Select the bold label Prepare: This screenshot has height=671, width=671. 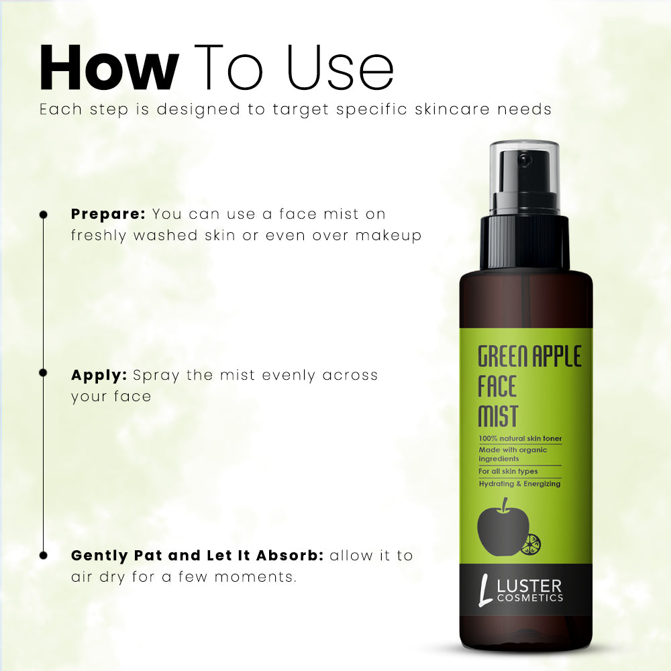pyautogui.click(x=108, y=215)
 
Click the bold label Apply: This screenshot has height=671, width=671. pyautogui.click(x=99, y=375)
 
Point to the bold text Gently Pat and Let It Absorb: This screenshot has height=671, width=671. pyautogui.click(x=197, y=556)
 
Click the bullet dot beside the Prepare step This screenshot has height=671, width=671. pyautogui.click(x=44, y=215)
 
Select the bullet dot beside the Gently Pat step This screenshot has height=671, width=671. pyautogui.click(x=44, y=555)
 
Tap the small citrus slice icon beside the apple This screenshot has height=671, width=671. pyautogui.click(x=531, y=544)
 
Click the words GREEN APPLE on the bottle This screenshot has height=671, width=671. pyautogui.click(x=529, y=356)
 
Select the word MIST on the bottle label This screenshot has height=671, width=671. pyautogui.click(x=497, y=416)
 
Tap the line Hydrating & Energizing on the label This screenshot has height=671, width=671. pyautogui.click(x=519, y=484)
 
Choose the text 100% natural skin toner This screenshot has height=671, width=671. pyautogui.click(x=520, y=439)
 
